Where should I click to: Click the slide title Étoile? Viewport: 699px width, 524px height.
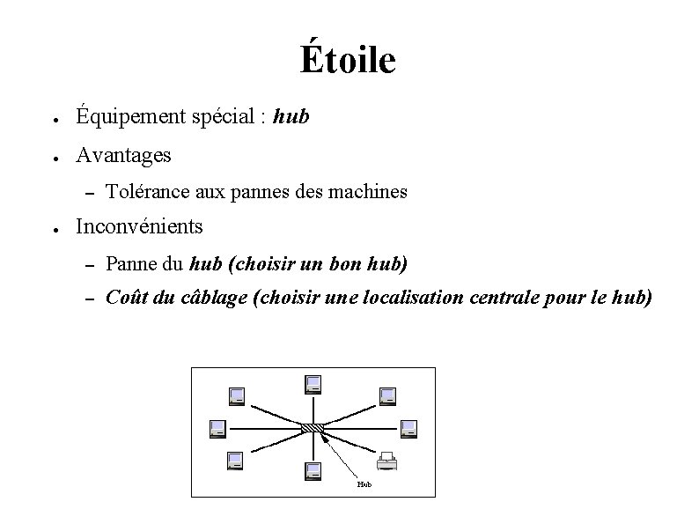click(348, 60)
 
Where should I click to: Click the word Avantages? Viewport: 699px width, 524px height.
click(123, 155)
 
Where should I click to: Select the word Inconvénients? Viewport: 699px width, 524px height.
click(139, 226)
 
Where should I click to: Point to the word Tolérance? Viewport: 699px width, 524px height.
click(147, 190)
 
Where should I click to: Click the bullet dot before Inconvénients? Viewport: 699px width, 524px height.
click(55, 227)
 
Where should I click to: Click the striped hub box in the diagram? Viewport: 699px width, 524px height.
click(313, 428)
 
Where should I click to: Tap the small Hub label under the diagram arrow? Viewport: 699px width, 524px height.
click(364, 483)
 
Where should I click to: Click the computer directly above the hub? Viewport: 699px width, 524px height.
click(313, 384)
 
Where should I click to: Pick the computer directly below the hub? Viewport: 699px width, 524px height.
click(313, 471)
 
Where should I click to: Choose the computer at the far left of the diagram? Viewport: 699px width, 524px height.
click(217, 428)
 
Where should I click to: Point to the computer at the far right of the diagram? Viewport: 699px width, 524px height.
click(408, 428)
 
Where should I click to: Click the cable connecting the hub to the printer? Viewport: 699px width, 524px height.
click(352, 445)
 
